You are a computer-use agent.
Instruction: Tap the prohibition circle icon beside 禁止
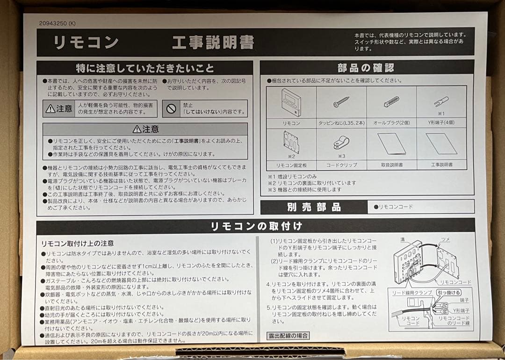click(x=171, y=108)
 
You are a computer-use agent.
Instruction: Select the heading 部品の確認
click(x=366, y=68)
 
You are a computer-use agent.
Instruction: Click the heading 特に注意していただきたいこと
click(x=145, y=68)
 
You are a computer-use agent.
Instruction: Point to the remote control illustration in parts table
click(x=291, y=102)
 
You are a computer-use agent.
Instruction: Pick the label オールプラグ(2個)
click(x=391, y=123)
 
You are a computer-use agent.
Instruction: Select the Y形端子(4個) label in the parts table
click(x=441, y=123)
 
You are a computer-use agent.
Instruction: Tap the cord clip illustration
click(x=341, y=143)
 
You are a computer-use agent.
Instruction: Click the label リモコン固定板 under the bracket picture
click(x=291, y=165)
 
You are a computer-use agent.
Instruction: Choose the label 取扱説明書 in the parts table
click(x=391, y=165)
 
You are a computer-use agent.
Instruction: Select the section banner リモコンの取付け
click(x=256, y=226)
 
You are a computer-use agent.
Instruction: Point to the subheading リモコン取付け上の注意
click(x=78, y=244)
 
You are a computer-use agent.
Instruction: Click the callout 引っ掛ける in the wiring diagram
click(x=448, y=292)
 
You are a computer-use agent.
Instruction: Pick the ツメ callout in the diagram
click(x=446, y=239)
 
